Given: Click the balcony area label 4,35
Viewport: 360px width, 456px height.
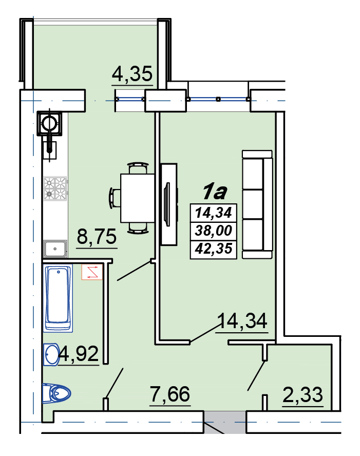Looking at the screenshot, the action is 132,74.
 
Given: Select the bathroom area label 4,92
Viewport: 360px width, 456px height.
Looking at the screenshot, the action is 79,354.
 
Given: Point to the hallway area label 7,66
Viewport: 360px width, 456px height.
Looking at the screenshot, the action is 170,394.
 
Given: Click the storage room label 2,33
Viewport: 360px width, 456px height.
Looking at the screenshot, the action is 302,395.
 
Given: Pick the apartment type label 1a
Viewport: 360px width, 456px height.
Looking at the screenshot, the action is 215,192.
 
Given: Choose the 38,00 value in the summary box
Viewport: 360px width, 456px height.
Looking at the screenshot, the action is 214,231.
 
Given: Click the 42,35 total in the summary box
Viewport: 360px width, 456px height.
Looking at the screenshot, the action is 214,249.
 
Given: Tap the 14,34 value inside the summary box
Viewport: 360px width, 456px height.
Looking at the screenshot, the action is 214,213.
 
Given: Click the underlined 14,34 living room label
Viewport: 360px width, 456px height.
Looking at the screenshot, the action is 242,321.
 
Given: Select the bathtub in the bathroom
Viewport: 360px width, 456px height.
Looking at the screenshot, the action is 58,298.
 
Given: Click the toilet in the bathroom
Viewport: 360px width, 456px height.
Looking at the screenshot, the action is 56,393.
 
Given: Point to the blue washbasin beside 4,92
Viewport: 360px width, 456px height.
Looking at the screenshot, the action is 51,354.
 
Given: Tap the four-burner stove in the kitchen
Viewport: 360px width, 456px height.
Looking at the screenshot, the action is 55,188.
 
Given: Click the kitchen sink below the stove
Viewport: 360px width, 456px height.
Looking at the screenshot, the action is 55,249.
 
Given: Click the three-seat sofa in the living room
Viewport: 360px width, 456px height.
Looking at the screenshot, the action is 257,204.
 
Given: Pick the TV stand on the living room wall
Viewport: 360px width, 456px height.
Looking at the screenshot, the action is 169,204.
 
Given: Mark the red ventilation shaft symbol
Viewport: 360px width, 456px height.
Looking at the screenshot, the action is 92,272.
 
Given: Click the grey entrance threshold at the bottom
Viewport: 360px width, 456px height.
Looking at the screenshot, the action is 224,422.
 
